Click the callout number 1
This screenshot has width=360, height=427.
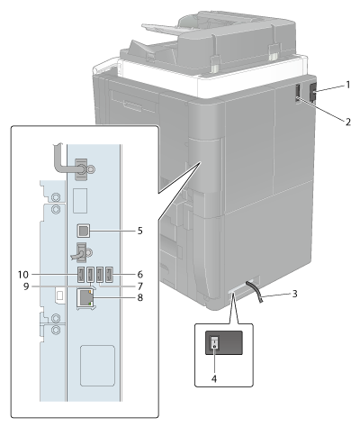[347, 86]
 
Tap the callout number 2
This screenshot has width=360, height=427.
[347, 123]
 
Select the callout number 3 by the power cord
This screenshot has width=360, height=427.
[295, 294]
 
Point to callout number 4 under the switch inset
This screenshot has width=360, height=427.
[214, 379]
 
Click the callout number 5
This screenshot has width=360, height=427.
[140, 231]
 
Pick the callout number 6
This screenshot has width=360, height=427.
[140, 275]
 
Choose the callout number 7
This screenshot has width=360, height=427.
[140, 286]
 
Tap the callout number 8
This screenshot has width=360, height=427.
[140, 297]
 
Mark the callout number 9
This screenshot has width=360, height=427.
[26, 286]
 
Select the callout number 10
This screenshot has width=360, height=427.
[23, 275]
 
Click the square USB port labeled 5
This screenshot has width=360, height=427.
[83, 231]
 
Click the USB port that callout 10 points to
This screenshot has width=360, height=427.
[81, 275]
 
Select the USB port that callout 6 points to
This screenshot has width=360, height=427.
[110, 275]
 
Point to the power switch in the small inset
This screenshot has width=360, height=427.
[215, 342]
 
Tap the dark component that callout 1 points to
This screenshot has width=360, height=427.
[312, 92]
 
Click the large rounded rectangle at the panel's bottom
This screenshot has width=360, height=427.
[97, 366]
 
